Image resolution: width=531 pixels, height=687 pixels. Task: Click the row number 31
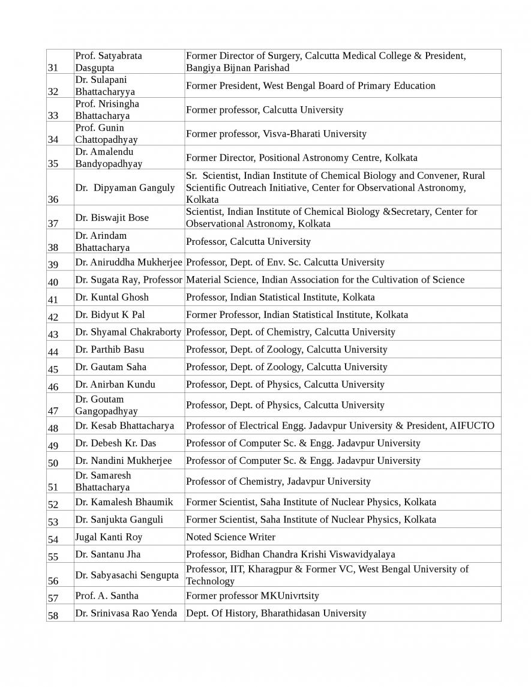click(53, 68)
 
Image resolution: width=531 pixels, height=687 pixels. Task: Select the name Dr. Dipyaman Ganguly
click(125, 188)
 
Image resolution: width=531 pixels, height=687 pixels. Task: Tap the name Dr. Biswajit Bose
click(112, 218)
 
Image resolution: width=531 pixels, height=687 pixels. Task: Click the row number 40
click(53, 282)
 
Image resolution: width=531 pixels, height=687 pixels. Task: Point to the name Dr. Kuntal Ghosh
click(112, 297)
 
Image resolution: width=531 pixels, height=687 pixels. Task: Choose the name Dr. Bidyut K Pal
click(110, 314)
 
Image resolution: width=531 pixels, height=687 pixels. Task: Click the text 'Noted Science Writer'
click(230, 537)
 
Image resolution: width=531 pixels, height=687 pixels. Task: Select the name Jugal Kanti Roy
click(109, 537)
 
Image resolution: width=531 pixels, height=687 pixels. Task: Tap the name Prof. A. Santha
click(107, 596)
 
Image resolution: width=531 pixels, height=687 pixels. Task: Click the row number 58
click(53, 616)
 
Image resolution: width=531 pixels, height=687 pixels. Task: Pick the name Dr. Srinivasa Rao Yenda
click(126, 613)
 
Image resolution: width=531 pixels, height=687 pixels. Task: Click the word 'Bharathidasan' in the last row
click(290, 613)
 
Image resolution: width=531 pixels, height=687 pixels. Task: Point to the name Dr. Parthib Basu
click(110, 349)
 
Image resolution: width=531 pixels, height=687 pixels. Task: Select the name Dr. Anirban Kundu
click(115, 385)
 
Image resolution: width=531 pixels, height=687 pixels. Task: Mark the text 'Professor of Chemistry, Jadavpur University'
click(278, 481)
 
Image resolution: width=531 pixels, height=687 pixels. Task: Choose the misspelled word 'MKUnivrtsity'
click(290, 596)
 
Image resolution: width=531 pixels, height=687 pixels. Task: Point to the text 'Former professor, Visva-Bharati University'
click(276, 134)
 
